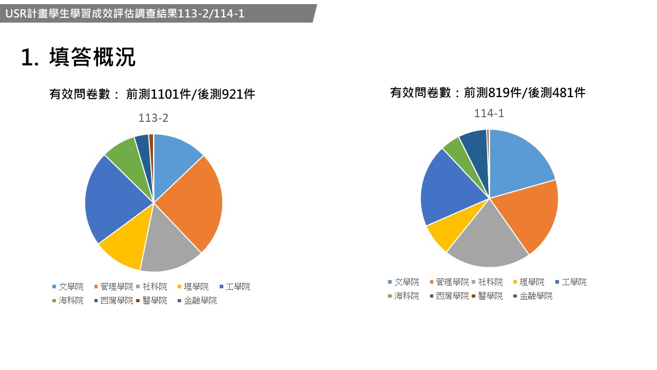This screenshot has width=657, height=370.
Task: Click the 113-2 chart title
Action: pyautogui.click(x=153, y=118)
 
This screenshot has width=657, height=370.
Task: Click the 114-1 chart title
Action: pyautogui.click(x=489, y=114)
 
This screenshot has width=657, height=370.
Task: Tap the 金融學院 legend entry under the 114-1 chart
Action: pyautogui.click(x=536, y=296)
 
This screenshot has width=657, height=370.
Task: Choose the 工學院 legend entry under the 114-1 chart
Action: pyautogui.click(x=574, y=282)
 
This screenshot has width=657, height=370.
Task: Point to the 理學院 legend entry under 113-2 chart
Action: pyautogui.click(x=196, y=287)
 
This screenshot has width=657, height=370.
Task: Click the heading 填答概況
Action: pyautogui.click(x=92, y=58)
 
